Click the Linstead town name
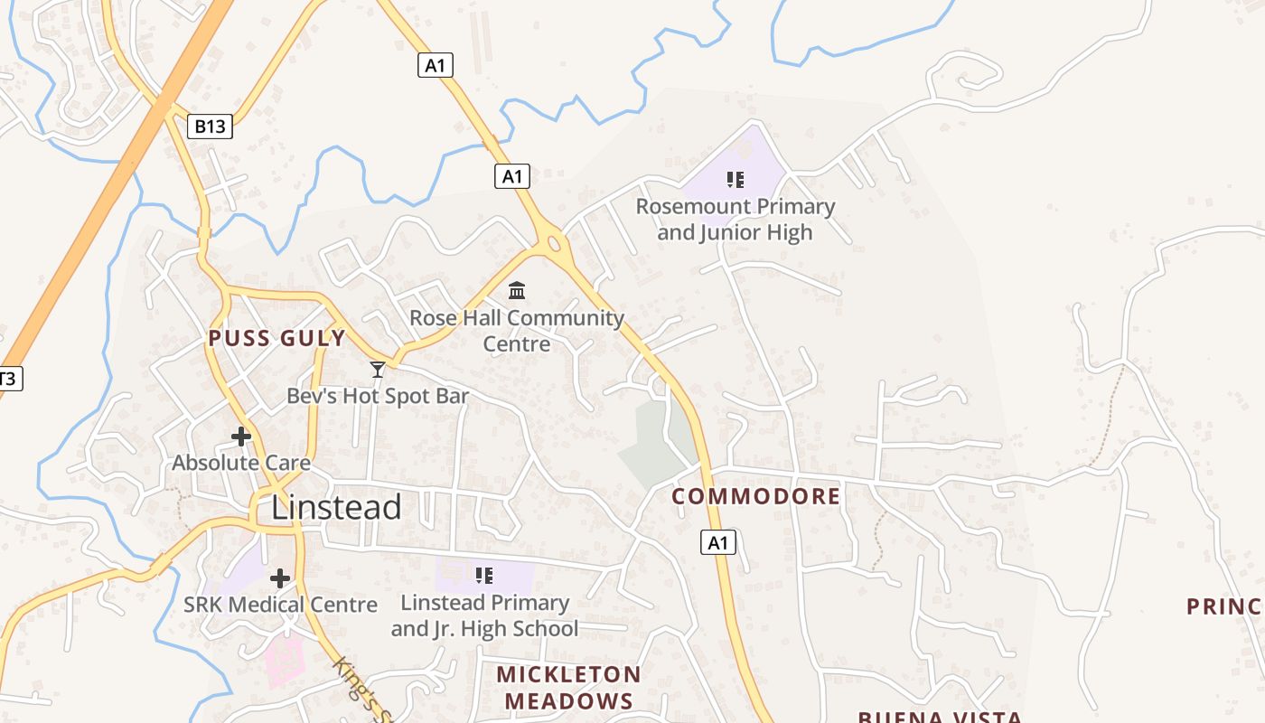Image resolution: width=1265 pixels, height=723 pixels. pos(336,507)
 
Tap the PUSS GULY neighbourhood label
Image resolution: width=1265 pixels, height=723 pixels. pos(276,339)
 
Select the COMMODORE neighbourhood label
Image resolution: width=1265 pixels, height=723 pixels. pos(756,496)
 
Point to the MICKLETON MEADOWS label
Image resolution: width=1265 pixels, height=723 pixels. pos(568,687)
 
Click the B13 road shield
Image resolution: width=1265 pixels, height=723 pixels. pos(211,127)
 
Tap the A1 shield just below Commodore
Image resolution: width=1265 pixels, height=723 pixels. pos(717,543)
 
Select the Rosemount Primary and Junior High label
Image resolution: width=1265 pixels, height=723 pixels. pos(735,220)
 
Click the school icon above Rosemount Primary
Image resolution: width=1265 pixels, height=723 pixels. pos(736,180)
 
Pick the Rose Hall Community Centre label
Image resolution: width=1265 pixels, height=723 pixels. pos(517,331)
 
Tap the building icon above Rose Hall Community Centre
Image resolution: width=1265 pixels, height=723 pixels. pos(517,290)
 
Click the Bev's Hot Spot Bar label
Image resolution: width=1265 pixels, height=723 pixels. pos(378,396)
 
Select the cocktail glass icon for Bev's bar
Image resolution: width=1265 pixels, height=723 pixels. pos(378,369)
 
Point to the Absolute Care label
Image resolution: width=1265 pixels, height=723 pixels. pos(241,464)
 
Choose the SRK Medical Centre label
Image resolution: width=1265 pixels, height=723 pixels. pos(280,605)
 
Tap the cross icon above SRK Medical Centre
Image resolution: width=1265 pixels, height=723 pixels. pos(280,577)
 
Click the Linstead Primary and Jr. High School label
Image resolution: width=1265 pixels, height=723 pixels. pos(484,615)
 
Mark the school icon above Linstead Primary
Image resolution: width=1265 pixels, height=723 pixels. pos(484,575)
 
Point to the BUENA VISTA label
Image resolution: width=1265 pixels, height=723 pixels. pos(940,717)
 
